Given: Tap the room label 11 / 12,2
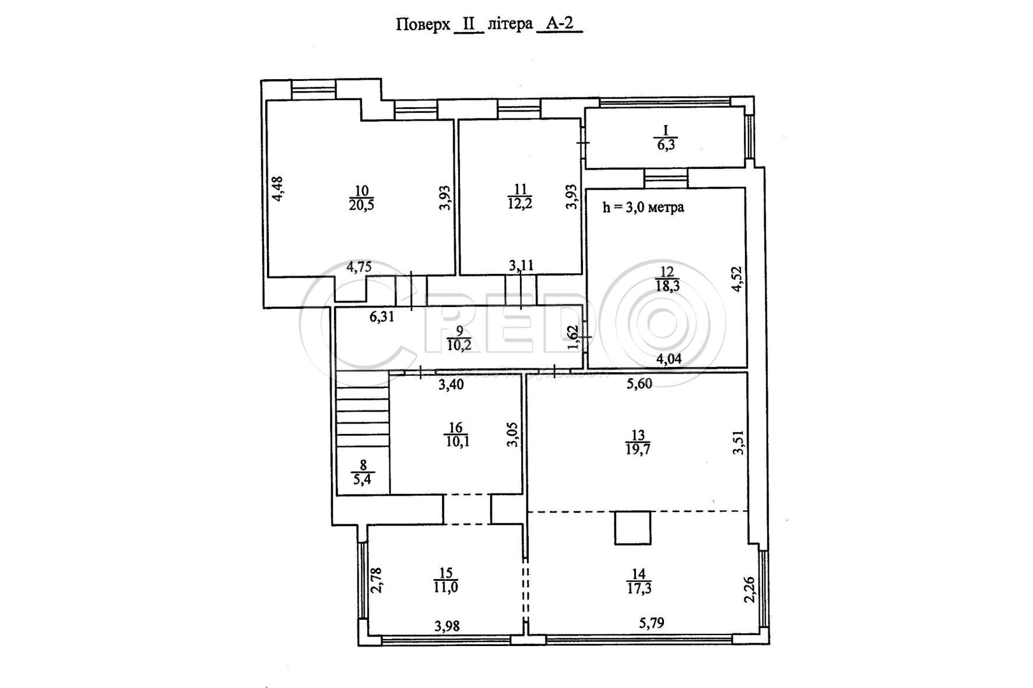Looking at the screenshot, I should [x=521, y=196].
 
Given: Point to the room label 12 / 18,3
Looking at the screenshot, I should [x=667, y=278].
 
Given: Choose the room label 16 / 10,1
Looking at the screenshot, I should [x=456, y=435].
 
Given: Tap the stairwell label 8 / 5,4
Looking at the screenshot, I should [x=363, y=472].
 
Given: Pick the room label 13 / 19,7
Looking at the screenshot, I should [x=638, y=442].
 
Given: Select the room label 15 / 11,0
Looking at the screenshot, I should [x=445, y=580].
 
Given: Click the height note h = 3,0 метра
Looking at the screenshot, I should [x=644, y=207].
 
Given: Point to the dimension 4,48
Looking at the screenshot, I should [x=279, y=189].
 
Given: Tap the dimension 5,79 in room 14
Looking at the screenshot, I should [x=651, y=623].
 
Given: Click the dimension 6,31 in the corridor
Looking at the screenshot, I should [x=382, y=317].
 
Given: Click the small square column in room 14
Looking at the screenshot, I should [x=633, y=528].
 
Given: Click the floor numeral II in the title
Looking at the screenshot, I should [x=469, y=24].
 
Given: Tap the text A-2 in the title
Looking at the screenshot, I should [x=559, y=24].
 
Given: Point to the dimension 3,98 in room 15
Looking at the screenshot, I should [x=447, y=626].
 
